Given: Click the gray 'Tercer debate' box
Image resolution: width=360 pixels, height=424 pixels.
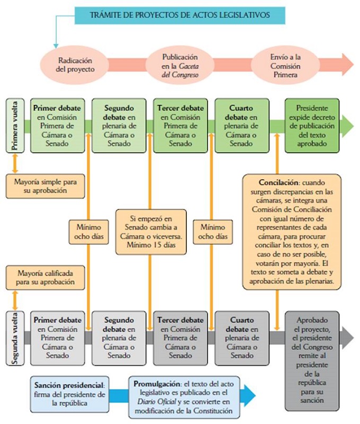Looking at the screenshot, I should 179,338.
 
